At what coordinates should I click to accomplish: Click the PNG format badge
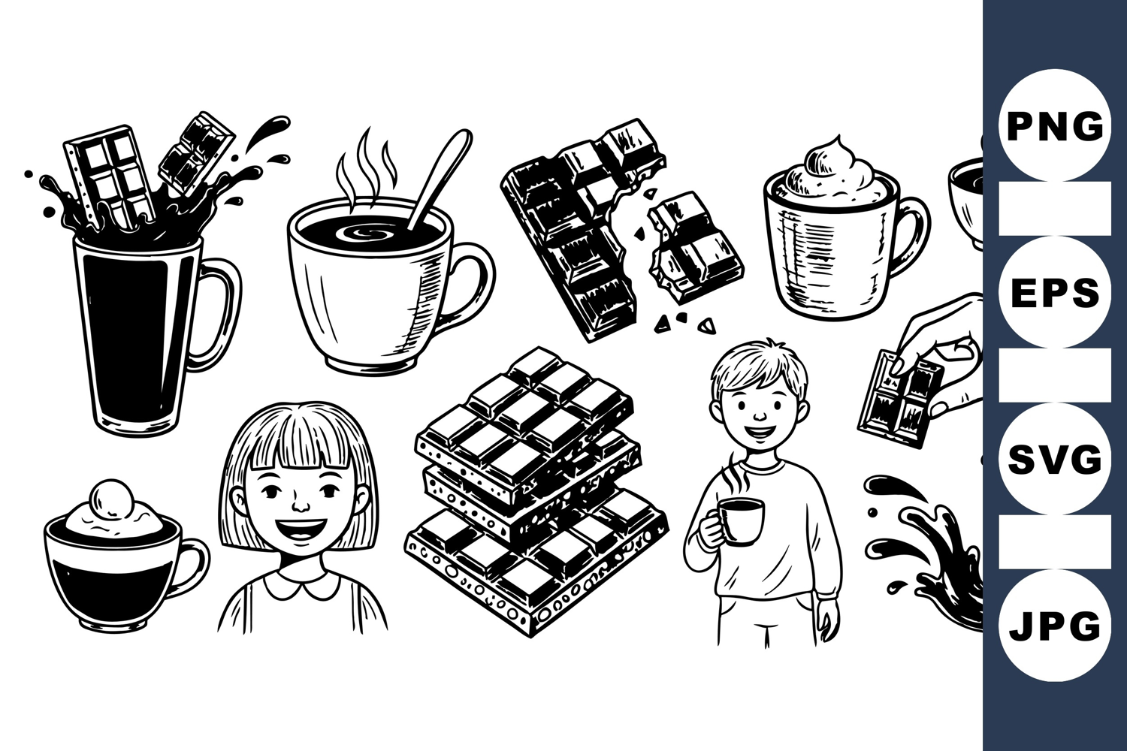pyautogui.click(x=1055, y=125)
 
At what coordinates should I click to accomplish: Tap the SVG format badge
pyautogui.click(x=1055, y=458)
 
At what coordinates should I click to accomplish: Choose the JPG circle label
pyautogui.click(x=1055, y=626)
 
